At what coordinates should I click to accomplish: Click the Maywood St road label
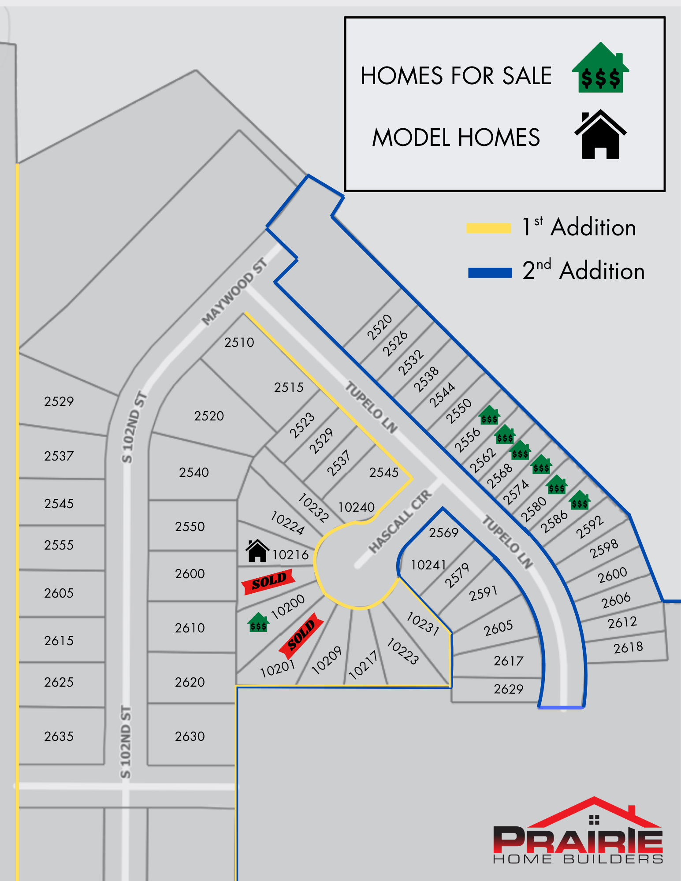pos(234,292)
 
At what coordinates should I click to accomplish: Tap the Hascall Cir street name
pos(400,521)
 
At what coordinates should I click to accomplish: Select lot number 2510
pos(239,342)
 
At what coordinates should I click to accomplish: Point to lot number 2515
pos(289,387)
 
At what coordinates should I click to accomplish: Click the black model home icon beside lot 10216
pos(257,551)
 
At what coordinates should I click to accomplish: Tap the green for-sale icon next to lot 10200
pos(258,622)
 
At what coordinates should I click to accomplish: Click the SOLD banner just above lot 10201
pos(301,635)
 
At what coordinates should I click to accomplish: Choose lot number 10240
pos(356,507)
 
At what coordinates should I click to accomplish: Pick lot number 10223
pos(402,651)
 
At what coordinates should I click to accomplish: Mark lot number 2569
pos(443,533)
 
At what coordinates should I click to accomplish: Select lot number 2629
pos(508,689)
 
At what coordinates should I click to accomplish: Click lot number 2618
pos(628,647)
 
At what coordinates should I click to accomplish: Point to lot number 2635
pos(59,736)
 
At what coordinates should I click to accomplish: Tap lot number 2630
pos(190,736)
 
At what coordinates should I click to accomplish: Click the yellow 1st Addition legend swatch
pos(488,228)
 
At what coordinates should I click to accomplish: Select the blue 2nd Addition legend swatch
pos(490,273)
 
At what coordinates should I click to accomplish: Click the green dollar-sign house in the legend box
pos(600,68)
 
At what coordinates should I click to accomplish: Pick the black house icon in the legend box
pos(600,135)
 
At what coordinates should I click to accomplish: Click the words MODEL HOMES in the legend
pos(456,138)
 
